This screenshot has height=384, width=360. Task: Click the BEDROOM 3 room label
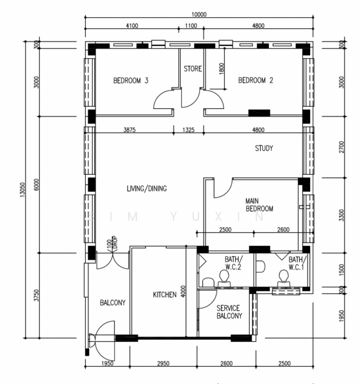pos(131,81)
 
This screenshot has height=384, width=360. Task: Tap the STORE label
pos(193,68)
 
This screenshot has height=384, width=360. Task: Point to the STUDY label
pos(264,148)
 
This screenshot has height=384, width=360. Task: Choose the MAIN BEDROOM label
pos(259,205)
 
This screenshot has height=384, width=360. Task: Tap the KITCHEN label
pos(165,295)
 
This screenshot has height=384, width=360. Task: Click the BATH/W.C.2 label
pos(232,263)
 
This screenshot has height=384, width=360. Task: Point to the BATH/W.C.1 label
pos(296,263)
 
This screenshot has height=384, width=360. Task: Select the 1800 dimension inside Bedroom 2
pos(222,70)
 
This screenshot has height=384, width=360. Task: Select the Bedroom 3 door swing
pos(163,100)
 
